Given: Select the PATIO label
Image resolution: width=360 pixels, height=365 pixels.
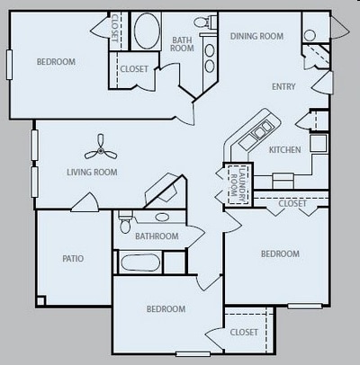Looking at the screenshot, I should pyautogui.click(x=74, y=259).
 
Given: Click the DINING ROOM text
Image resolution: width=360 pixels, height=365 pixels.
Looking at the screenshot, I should pyautogui.click(x=256, y=36).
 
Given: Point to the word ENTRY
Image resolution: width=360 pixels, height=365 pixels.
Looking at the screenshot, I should pyautogui.click(x=285, y=87).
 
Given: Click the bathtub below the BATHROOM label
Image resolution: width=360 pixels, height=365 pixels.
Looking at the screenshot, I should pyautogui.click(x=140, y=263).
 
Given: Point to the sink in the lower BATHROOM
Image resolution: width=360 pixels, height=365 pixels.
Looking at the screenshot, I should pyautogui.click(x=163, y=217).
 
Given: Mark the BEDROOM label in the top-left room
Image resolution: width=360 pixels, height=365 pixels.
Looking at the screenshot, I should pyautogui.click(x=56, y=62).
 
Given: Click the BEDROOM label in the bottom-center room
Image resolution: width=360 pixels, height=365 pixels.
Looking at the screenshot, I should pyautogui.click(x=166, y=309).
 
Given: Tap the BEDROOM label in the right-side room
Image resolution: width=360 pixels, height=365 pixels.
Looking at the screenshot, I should pyautogui.click(x=280, y=254).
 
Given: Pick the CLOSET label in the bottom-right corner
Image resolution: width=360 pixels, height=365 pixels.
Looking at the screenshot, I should pyautogui.click(x=244, y=332).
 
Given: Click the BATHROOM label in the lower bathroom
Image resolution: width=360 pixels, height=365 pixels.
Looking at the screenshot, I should pyautogui.click(x=157, y=236).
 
